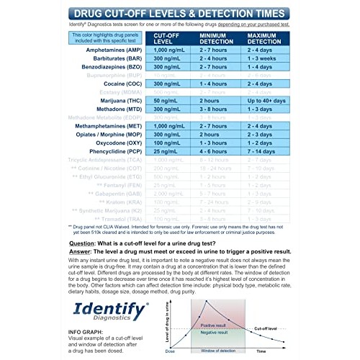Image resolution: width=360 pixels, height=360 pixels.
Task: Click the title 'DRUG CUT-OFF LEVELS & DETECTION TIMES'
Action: (180, 12)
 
